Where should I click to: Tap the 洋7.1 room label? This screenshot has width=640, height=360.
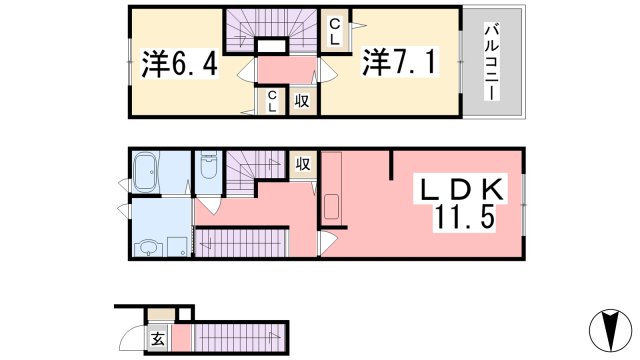(396, 62)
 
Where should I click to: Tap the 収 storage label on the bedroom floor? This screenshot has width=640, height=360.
(301, 100)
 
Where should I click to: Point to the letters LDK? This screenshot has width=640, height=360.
(463, 188)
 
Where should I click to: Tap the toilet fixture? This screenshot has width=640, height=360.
(207, 169)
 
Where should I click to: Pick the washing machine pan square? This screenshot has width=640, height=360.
(177, 246)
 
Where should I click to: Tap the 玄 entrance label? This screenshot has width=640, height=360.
(158, 338)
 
